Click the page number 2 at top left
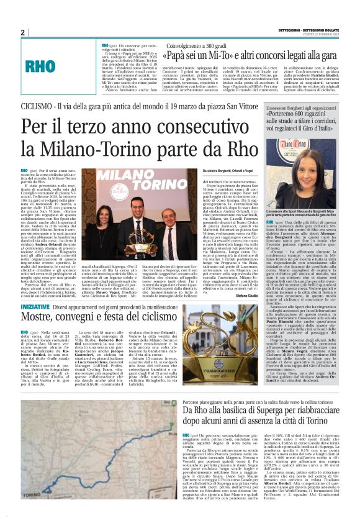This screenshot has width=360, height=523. [22, 32]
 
